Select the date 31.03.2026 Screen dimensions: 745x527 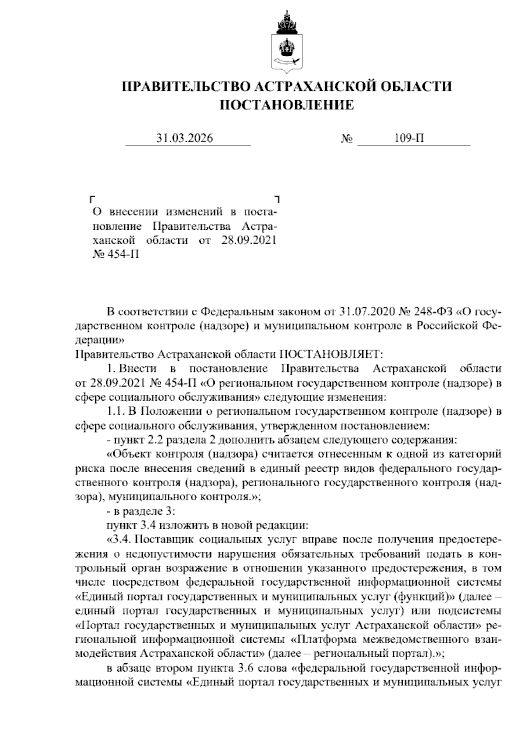pos(185,138)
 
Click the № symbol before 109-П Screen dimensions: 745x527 pos(347,139)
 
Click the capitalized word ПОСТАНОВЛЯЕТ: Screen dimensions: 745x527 pos(332,354)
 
